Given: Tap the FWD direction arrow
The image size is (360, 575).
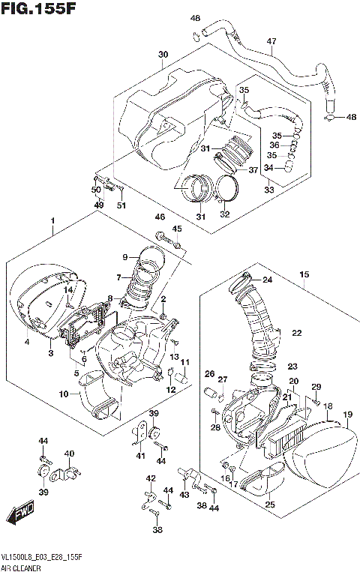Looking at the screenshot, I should pyautogui.click(x=20, y=517).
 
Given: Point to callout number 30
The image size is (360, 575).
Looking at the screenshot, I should pyautogui.click(x=163, y=55).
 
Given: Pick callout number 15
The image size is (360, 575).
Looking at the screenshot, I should pyautogui.click(x=304, y=275).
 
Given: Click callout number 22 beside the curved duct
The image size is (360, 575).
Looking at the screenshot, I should pyautogui.click(x=296, y=333).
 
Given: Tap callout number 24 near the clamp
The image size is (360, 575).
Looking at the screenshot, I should pyautogui.click(x=267, y=280).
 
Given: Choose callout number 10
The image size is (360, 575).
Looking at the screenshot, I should pyautogui.click(x=64, y=394).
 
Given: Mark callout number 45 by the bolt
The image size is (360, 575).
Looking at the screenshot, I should pyautogui.click(x=177, y=229).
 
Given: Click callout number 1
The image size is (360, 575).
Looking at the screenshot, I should pyautogui.click(x=52, y=220).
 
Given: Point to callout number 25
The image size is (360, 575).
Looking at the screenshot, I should pyautogui.click(x=269, y=505).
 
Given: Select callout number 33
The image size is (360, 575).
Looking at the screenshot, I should pyautogui.click(x=269, y=190).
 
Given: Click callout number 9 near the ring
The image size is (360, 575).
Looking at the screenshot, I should pyautogui.click(x=124, y=256).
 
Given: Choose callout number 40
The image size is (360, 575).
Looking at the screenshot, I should pyautogui.click(x=69, y=453).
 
